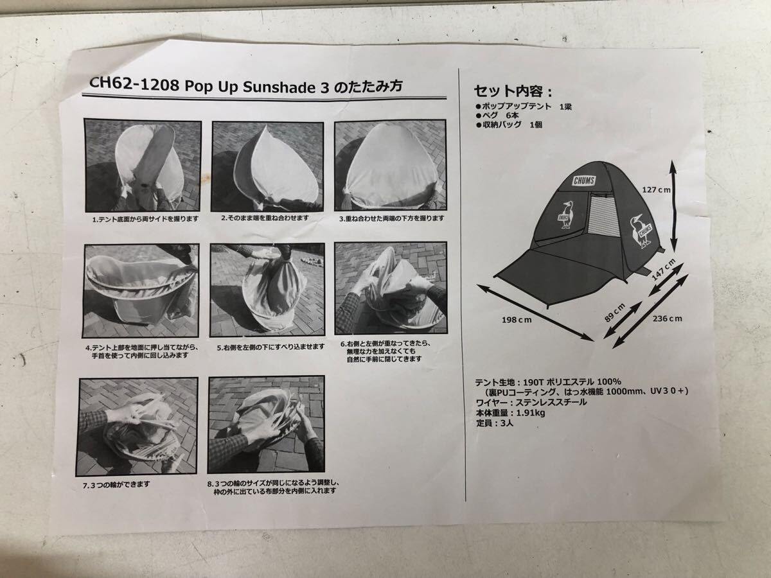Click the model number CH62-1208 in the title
click(134, 85)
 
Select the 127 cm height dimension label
click(656, 190)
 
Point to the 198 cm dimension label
click(517, 320)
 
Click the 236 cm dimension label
click(668, 319)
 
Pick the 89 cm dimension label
click(615, 313)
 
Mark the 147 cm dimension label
click(663, 270)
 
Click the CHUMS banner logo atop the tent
click(584, 180)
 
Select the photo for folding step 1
click(142, 165)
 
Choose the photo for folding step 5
click(267, 290)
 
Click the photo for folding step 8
click(266, 425)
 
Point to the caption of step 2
click(265, 218)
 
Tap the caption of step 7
click(116, 485)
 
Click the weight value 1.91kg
click(531, 413)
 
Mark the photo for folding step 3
click(390, 165)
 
